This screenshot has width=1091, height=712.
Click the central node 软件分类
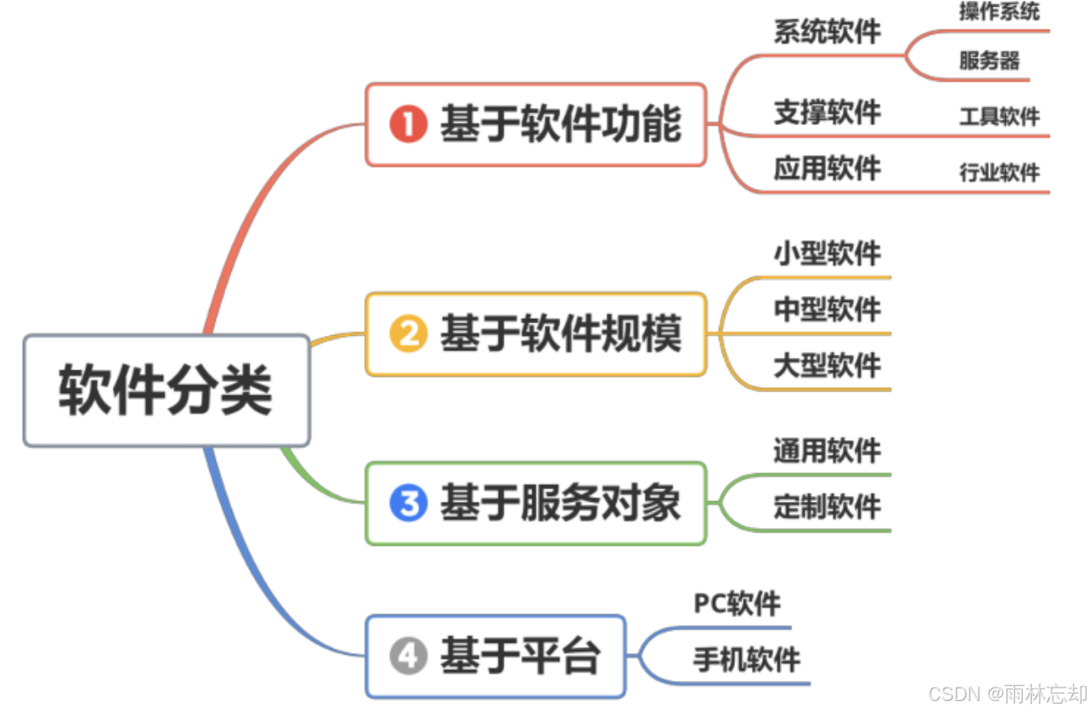(x=166, y=391)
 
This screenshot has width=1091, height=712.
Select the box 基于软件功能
(x=535, y=125)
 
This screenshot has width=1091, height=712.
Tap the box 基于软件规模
(x=535, y=334)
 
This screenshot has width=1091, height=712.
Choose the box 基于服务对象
(x=535, y=504)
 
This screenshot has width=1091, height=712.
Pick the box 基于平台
(x=495, y=656)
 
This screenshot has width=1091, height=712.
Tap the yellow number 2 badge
(x=408, y=335)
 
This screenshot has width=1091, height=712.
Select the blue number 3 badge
(x=408, y=504)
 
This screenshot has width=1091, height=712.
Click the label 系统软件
(x=827, y=32)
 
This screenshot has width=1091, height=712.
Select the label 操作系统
(x=999, y=12)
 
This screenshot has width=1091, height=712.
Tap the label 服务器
(x=989, y=61)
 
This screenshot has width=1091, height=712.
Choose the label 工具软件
(x=999, y=116)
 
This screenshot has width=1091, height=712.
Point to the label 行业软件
(x=999, y=173)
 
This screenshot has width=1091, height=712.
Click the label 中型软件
(x=827, y=310)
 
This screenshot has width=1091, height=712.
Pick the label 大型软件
(x=827, y=366)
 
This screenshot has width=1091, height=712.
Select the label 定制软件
(x=827, y=507)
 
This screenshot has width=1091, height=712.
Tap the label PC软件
(x=737, y=604)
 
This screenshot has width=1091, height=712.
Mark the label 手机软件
(x=747, y=660)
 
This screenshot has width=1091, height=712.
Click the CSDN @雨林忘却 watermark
(x=1007, y=693)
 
